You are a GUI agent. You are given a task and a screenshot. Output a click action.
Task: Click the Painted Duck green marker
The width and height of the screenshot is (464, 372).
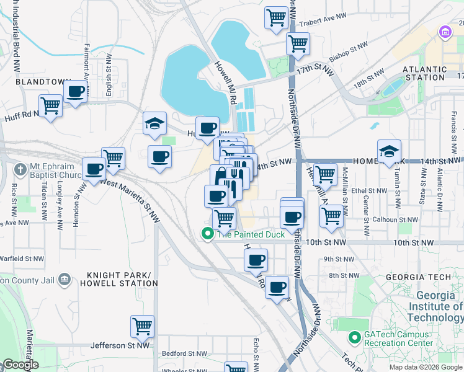[x=207, y=234]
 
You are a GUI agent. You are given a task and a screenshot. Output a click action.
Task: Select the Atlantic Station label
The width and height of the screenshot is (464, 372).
[x=424, y=73]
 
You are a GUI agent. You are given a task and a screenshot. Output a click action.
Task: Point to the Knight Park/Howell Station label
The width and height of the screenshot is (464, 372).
[x=122, y=279]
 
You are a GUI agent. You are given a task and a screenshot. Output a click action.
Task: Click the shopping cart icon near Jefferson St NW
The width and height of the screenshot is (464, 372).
[x=143, y=325]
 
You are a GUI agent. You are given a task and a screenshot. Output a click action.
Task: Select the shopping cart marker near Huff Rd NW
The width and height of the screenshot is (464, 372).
[x=50, y=105]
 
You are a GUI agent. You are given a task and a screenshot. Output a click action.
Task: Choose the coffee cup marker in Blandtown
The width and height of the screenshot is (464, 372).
[x=76, y=92]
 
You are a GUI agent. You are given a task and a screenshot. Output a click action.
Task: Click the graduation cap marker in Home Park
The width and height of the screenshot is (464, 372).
[x=389, y=151]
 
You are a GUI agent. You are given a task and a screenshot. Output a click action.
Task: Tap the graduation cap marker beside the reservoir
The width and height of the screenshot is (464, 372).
[x=154, y=123]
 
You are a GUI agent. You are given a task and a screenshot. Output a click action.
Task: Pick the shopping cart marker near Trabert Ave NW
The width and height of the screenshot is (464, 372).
[x=276, y=17]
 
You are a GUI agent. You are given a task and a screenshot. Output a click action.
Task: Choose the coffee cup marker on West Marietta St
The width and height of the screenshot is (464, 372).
[x=94, y=169]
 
